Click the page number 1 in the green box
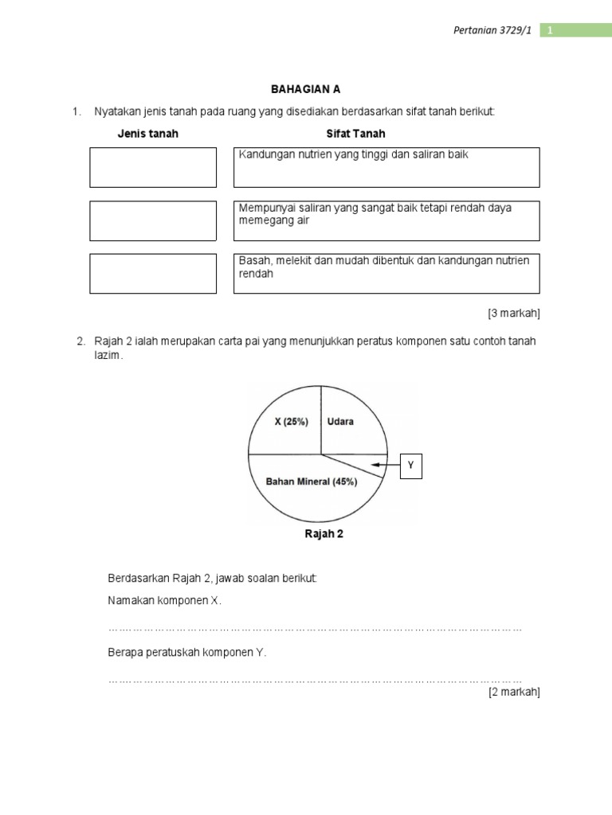[550, 30]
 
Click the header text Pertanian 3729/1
[496, 30]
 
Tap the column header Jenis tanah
[148, 134]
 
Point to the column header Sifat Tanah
[356, 134]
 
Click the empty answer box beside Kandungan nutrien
[153, 167]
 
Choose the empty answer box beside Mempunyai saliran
[153, 220]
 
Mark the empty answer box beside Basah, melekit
[153, 273]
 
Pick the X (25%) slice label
[292, 422]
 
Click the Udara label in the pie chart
[341, 422]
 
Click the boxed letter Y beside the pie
[411, 466]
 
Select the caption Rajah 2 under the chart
[324, 534]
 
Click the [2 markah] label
[514, 692]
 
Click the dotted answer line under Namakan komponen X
[315, 629]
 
